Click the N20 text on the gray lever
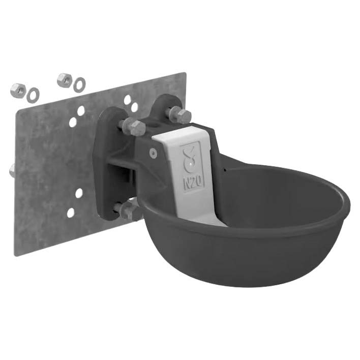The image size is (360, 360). click(193, 182)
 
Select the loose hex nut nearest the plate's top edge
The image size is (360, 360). click(65, 80)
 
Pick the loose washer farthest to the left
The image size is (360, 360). click(33, 95)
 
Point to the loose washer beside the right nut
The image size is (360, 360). click(79, 84)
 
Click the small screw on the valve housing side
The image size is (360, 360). click(154, 152)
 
